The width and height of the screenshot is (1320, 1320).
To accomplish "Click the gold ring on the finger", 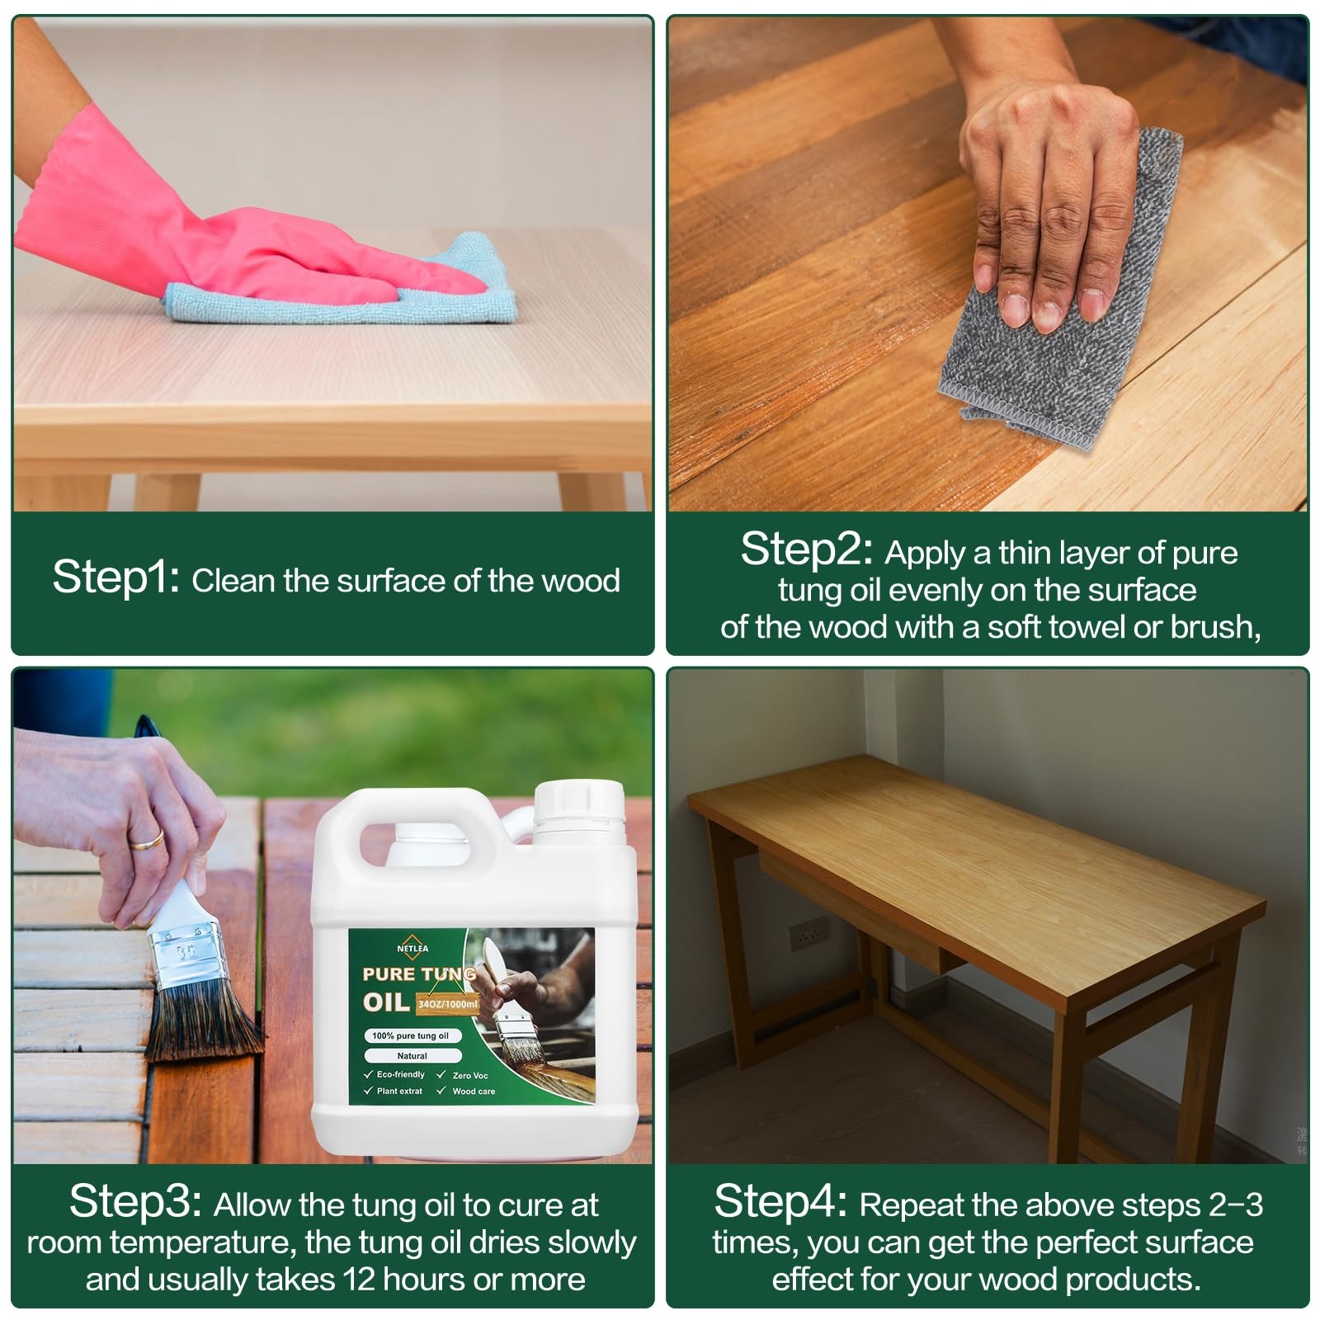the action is (x=148, y=841).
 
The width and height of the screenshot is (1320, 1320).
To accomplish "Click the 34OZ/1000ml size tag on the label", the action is (x=447, y=1004).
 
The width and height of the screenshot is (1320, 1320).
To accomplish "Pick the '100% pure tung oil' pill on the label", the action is (x=411, y=1035).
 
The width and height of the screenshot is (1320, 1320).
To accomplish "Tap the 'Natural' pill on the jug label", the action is (x=412, y=1056).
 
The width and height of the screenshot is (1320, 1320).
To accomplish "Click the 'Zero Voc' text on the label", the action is (x=470, y=1076).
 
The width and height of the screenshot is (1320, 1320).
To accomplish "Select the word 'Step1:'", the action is (x=116, y=577).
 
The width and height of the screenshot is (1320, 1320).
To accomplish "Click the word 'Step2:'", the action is (x=806, y=549).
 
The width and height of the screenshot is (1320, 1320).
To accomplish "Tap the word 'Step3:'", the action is (x=135, y=1201).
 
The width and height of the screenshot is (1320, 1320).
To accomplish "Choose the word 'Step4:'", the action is (x=780, y=1201).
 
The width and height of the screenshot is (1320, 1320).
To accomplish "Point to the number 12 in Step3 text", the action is (x=360, y=1279).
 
